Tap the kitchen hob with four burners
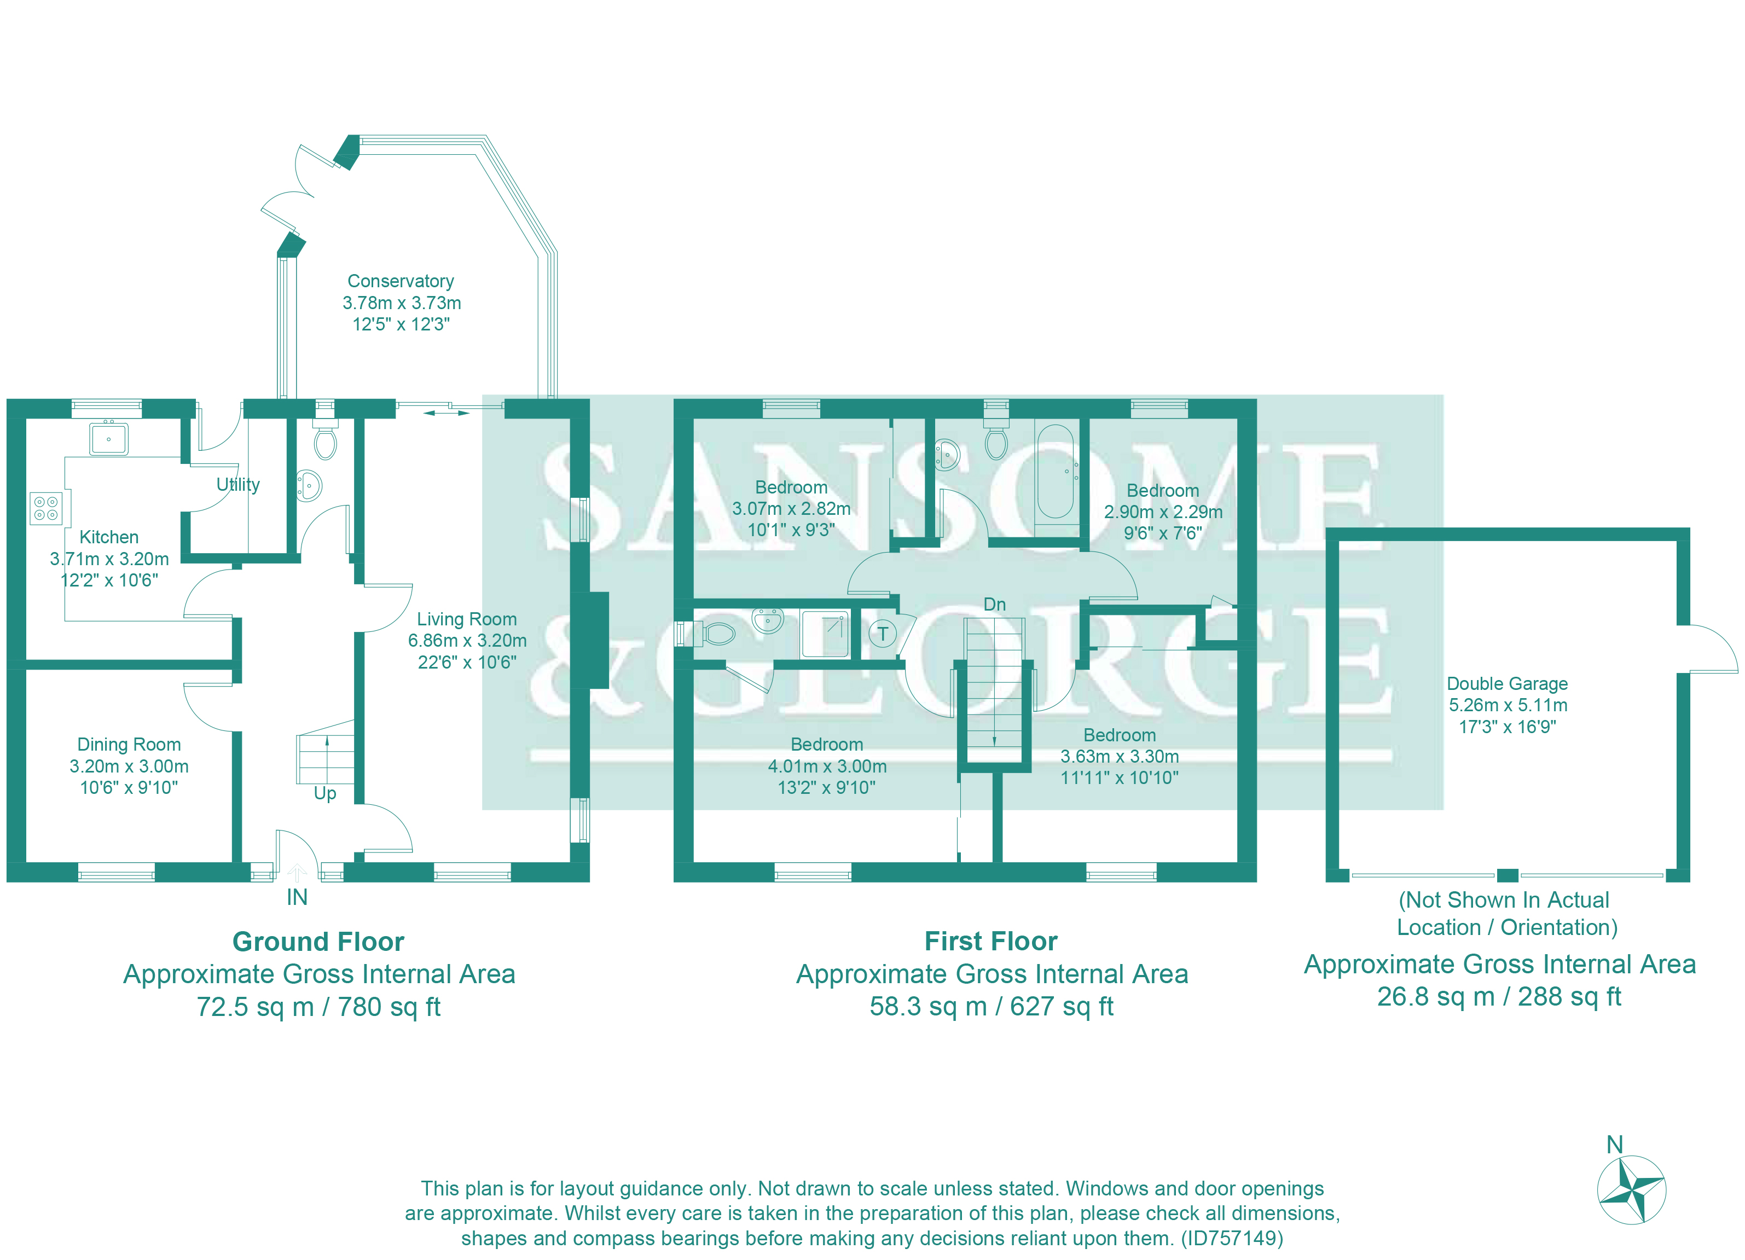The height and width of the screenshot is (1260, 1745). tap(45, 508)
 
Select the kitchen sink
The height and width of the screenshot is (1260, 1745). tap(108, 439)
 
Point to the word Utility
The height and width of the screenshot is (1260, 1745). tap(237, 485)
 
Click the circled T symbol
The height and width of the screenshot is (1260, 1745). tap(883, 634)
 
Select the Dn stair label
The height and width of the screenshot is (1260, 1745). tap(994, 605)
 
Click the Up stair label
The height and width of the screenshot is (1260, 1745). tap(324, 793)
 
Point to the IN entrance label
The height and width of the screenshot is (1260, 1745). tap(297, 897)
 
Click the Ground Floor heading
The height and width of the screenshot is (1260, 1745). tap(318, 942)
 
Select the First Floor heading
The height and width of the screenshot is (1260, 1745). tap(990, 941)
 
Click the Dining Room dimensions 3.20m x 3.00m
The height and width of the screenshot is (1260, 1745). tap(129, 766)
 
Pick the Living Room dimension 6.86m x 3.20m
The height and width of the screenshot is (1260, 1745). tap(467, 641)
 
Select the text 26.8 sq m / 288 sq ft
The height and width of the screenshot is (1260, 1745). tap(1499, 996)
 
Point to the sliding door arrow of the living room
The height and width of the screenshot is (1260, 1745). tap(447, 413)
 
